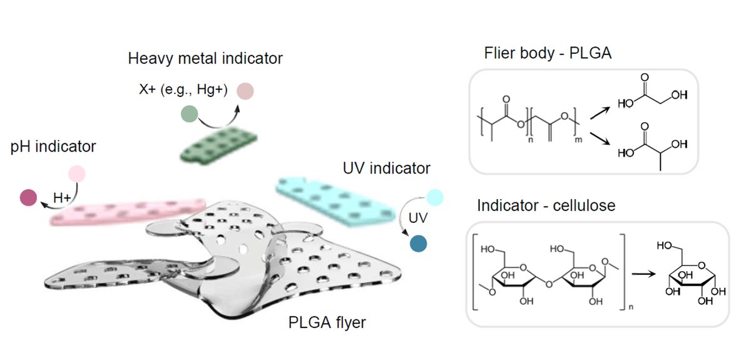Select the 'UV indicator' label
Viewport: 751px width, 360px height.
pyautogui.click(x=387, y=168)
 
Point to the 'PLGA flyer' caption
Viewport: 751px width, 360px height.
pyautogui.click(x=327, y=323)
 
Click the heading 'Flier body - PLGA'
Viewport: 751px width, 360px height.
pyautogui.click(x=548, y=53)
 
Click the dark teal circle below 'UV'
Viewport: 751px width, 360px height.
pyautogui.click(x=419, y=243)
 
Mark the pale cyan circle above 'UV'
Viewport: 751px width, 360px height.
pyautogui.click(x=434, y=198)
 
